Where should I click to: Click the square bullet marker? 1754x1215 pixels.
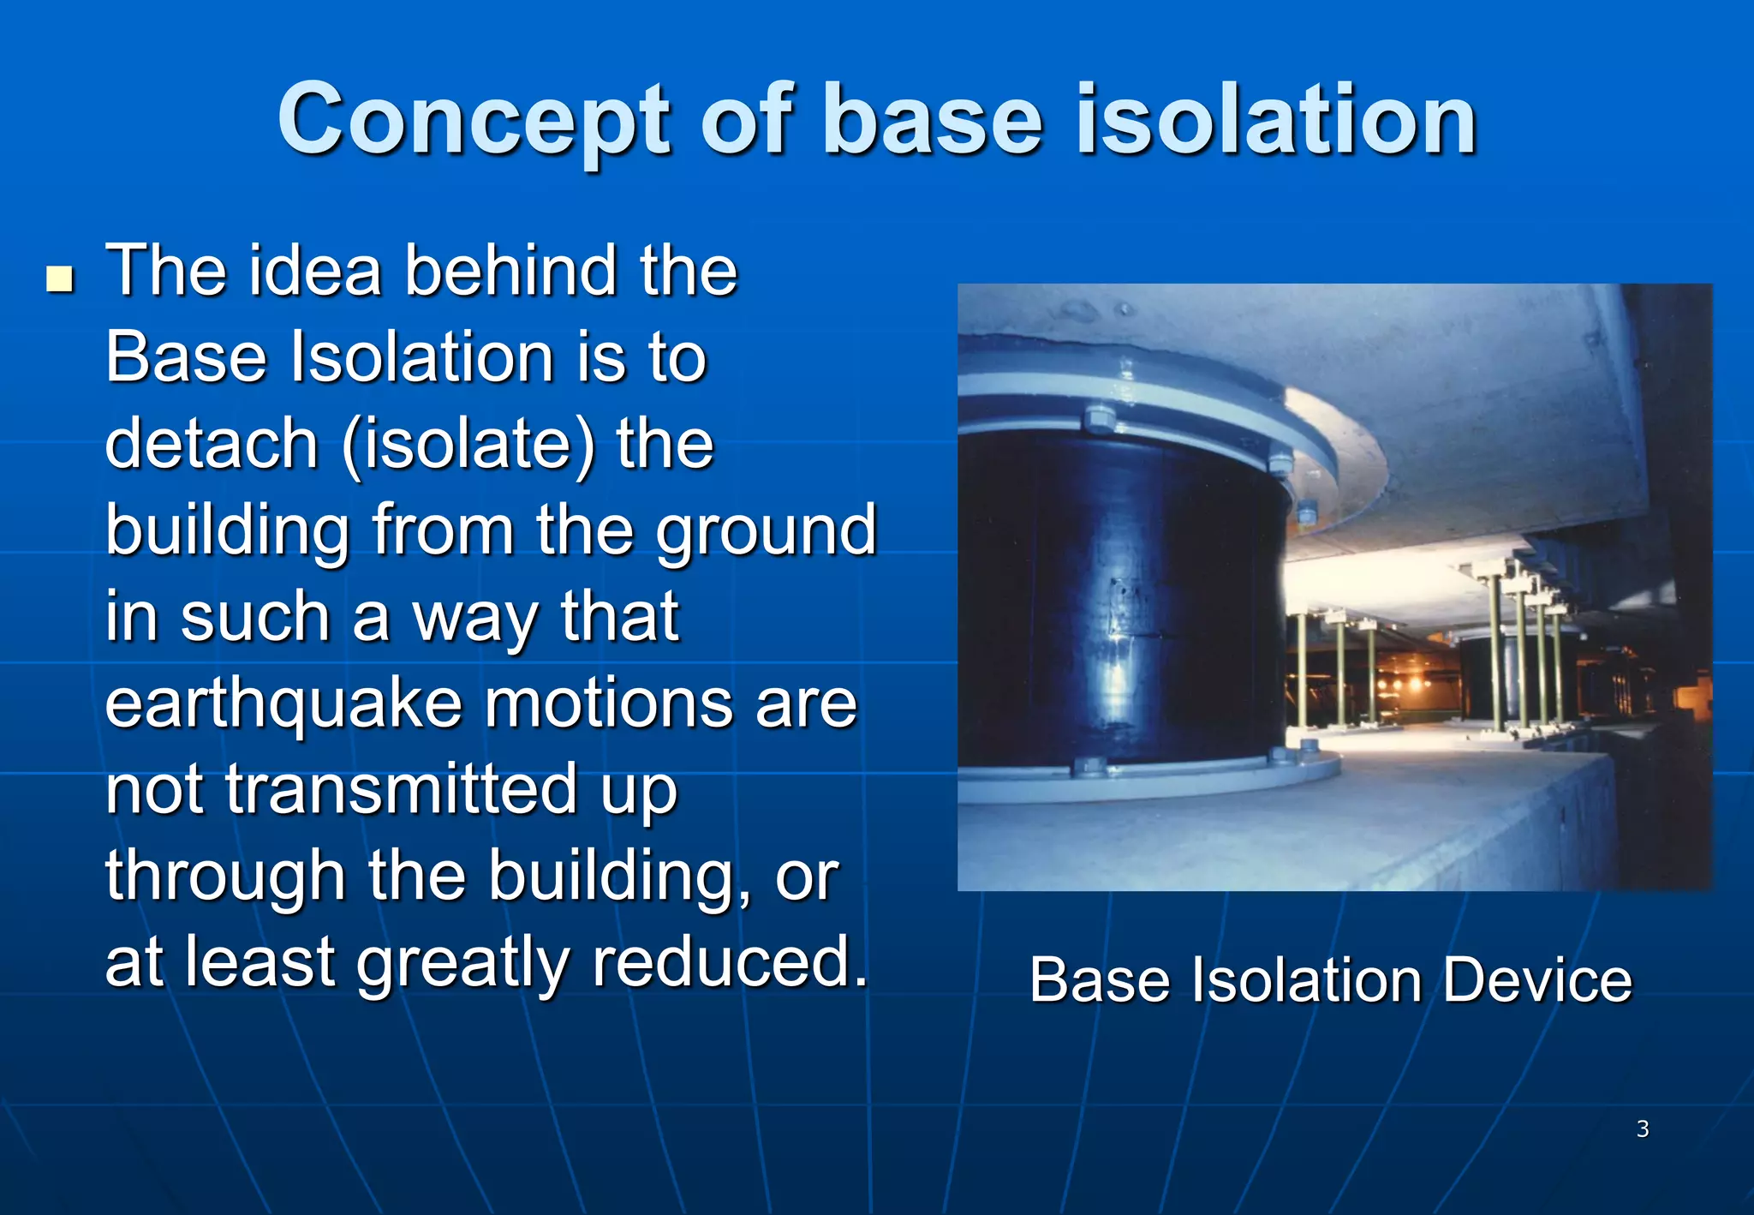tap(60, 279)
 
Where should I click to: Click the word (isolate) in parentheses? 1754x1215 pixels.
tap(468, 446)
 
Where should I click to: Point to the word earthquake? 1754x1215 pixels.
tap(282, 705)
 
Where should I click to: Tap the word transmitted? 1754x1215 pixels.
tap(402, 790)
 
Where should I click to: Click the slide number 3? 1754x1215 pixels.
tap(1642, 1128)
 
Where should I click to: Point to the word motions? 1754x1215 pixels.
tap(608, 704)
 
